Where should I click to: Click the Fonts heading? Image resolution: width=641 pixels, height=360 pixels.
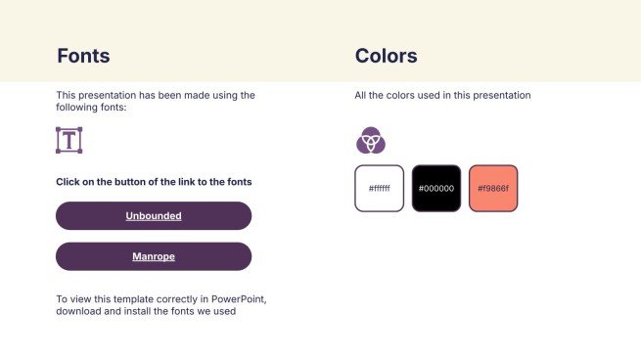point(83,56)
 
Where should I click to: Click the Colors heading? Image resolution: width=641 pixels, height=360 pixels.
point(386,56)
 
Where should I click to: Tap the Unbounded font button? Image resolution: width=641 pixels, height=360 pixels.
point(154,215)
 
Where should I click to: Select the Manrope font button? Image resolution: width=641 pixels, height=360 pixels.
point(154,256)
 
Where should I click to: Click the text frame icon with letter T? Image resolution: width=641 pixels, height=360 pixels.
point(69,140)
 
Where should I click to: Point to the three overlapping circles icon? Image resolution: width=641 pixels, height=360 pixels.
point(370,141)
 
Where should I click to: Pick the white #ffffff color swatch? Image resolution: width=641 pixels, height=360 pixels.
point(379,188)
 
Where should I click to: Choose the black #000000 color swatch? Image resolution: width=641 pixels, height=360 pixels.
point(436,188)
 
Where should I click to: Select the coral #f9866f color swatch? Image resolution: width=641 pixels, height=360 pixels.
point(493,188)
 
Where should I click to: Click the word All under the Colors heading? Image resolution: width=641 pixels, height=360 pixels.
point(360,95)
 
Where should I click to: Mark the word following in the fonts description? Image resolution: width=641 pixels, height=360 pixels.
point(76,108)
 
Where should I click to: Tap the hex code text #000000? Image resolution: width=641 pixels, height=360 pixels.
point(436,188)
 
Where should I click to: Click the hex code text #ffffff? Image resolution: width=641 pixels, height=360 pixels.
point(379,188)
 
